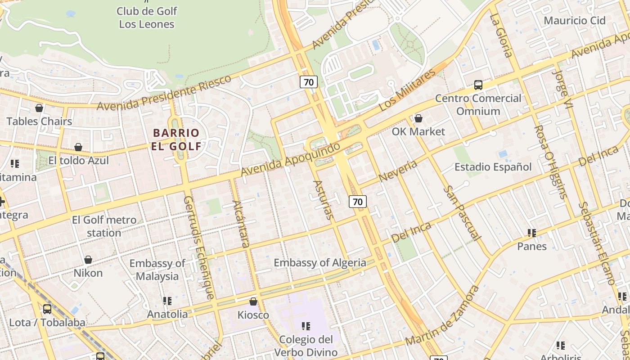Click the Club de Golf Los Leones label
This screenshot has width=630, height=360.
147,18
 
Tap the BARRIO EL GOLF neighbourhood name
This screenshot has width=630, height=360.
176,139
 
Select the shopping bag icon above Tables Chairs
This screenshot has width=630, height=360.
39,108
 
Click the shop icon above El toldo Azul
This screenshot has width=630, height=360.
78,147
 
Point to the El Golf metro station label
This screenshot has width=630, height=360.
104,226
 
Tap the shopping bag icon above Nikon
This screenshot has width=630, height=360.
88,260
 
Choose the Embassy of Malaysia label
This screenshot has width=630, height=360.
157,270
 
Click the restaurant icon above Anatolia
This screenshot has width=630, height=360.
167,301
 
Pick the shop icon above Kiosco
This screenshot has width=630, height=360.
253,301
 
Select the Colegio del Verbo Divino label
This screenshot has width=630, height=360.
306,346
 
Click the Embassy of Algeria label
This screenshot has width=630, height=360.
320,263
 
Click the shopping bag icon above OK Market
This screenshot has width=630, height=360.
418,118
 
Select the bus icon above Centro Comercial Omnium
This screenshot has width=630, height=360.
478,85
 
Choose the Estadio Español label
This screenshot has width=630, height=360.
493,167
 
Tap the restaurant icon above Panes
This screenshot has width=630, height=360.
532,233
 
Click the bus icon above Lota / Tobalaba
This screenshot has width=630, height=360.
47,309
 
